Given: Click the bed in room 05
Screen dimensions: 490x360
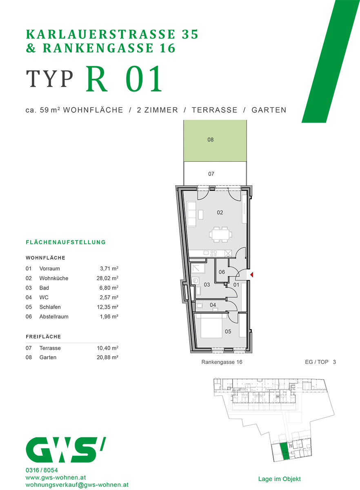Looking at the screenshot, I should (210, 326).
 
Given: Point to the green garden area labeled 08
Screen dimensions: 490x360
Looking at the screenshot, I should (215, 140).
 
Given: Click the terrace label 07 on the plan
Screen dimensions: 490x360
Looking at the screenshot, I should (211, 174).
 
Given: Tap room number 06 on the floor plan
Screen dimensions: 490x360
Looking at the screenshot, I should (222, 272).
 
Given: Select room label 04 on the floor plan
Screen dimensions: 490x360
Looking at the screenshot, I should (213, 305).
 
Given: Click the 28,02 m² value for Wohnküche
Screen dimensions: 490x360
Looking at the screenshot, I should (104, 278).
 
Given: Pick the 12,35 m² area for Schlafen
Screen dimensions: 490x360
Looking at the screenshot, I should (104, 307).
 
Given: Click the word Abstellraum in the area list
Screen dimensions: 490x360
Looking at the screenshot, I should (54, 316).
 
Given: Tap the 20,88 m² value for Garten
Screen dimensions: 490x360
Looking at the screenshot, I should (104, 357).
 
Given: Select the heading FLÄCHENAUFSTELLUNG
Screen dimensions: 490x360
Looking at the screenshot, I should (66, 242).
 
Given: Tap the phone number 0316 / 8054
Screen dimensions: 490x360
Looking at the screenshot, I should (42, 470).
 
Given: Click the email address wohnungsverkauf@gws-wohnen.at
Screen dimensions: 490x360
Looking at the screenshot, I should (77, 485).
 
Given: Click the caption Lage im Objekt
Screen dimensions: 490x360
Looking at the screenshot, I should (279, 479).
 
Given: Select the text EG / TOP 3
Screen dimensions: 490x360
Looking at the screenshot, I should (320, 362).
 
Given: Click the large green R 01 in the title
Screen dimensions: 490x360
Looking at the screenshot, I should (124, 79).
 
